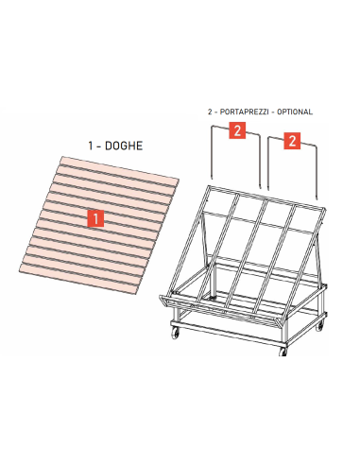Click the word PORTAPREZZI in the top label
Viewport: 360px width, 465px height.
[x=247, y=112]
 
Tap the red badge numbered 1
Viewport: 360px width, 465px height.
[x=94, y=218]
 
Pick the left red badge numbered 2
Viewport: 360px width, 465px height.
[x=239, y=129]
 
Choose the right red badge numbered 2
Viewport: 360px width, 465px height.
[x=292, y=142]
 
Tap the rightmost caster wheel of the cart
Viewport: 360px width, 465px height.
[x=319, y=326]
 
